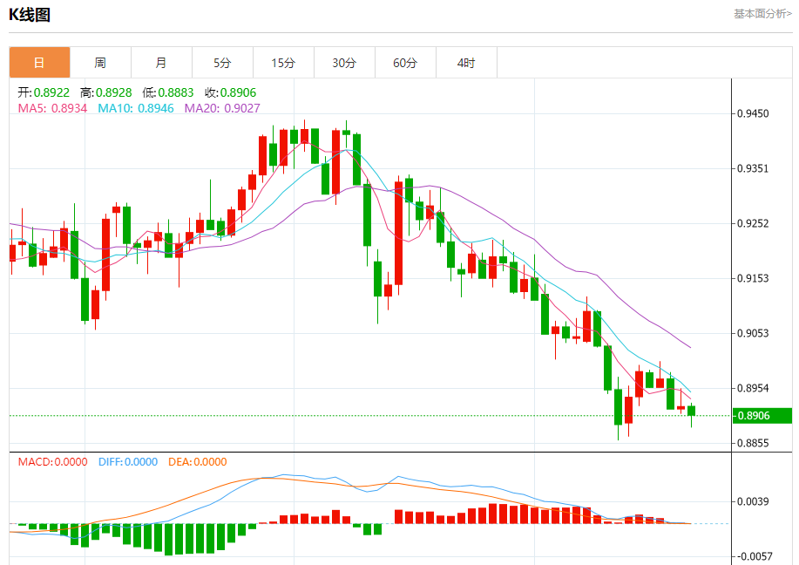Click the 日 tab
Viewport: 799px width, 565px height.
pyautogui.click(x=39, y=63)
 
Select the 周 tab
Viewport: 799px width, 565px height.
pyautogui.click(x=100, y=63)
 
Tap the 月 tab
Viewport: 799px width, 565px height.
pyautogui.click(x=161, y=63)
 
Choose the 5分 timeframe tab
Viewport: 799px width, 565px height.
pyautogui.click(x=222, y=63)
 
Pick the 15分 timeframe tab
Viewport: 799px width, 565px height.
pyautogui.click(x=283, y=63)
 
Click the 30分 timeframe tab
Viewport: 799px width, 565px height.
pyautogui.click(x=344, y=63)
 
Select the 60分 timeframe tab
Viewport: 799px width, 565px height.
pyautogui.click(x=405, y=63)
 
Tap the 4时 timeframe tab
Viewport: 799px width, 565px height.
pyautogui.click(x=466, y=63)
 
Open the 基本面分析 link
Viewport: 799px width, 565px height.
pyautogui.click(x=762, y=14)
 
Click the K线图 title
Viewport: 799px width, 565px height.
pyautogui.click(x=30, y=15)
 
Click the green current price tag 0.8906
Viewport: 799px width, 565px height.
pyautogui.click(x=753, y=416)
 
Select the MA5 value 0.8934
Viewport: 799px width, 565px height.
pyautogui.click(x=53, y=108)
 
